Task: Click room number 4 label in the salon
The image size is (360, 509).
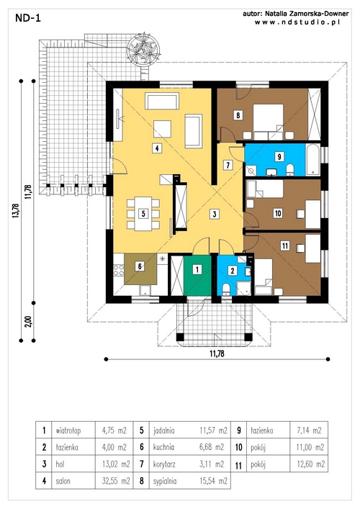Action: [157, 148]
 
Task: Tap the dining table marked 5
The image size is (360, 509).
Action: [143, 213]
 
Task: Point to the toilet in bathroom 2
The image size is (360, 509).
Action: [226, 289]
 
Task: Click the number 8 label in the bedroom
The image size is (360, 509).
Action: [238, 115]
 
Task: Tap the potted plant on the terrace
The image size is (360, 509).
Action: [143, 48]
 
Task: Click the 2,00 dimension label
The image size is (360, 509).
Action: [29, 321]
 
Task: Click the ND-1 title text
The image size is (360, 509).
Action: [28, 18]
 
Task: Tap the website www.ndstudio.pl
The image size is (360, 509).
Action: [297, 22]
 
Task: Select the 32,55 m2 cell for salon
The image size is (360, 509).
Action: [116, 480]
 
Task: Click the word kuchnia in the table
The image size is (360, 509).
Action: [163, 447]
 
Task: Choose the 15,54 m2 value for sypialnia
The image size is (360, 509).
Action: [213, 480]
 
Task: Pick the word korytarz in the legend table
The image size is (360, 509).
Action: [164, 464]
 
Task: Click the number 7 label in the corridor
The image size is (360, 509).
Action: [228, 165]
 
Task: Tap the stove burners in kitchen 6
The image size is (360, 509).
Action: [119, 270]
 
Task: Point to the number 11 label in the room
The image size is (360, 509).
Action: [284, 246]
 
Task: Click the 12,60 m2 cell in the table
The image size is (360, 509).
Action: [310, 464]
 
